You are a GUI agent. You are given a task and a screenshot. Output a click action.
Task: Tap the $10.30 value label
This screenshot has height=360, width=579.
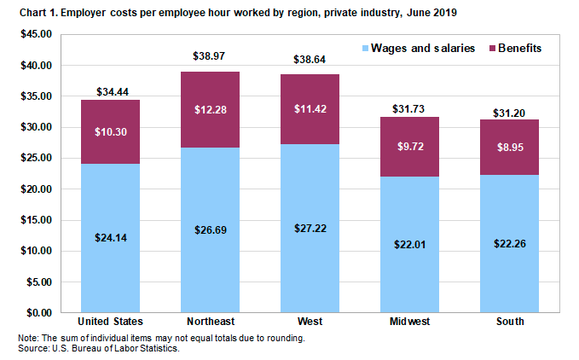coord(110,133)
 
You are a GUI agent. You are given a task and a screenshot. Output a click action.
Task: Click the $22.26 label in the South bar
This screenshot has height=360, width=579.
coord(509,244)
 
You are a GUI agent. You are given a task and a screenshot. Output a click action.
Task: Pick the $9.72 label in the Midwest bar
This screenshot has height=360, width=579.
coord(409,147)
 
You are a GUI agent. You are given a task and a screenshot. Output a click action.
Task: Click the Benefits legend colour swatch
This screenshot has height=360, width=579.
coord(491,49)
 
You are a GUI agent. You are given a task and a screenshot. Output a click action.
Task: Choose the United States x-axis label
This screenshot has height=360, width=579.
coord(110,322)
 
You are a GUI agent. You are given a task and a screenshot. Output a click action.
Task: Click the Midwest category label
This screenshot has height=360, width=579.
coord(409,322)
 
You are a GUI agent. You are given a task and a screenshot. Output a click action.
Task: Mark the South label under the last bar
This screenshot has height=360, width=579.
coord(509,322)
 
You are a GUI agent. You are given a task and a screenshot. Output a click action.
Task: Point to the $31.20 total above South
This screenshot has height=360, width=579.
coord(509,112)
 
